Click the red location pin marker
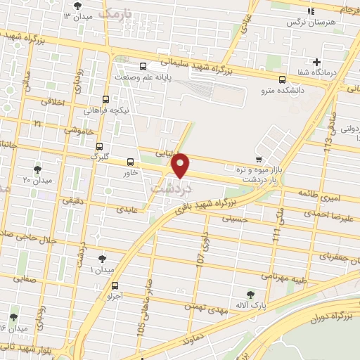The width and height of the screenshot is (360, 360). tap(181, 165)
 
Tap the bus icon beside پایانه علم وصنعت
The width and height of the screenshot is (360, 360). tap(143, 66)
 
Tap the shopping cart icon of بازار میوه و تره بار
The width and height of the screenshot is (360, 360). tap(259, 159)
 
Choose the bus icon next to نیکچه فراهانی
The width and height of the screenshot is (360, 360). tap(105, 99)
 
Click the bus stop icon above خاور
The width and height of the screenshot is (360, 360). tap(130, 162)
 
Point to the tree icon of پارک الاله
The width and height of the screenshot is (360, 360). tap(251, 294)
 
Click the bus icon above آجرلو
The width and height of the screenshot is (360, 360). tap(115, 285)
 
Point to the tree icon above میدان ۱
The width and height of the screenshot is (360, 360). tap(103, 259)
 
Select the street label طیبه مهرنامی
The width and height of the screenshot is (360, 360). tap(285, 276)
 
